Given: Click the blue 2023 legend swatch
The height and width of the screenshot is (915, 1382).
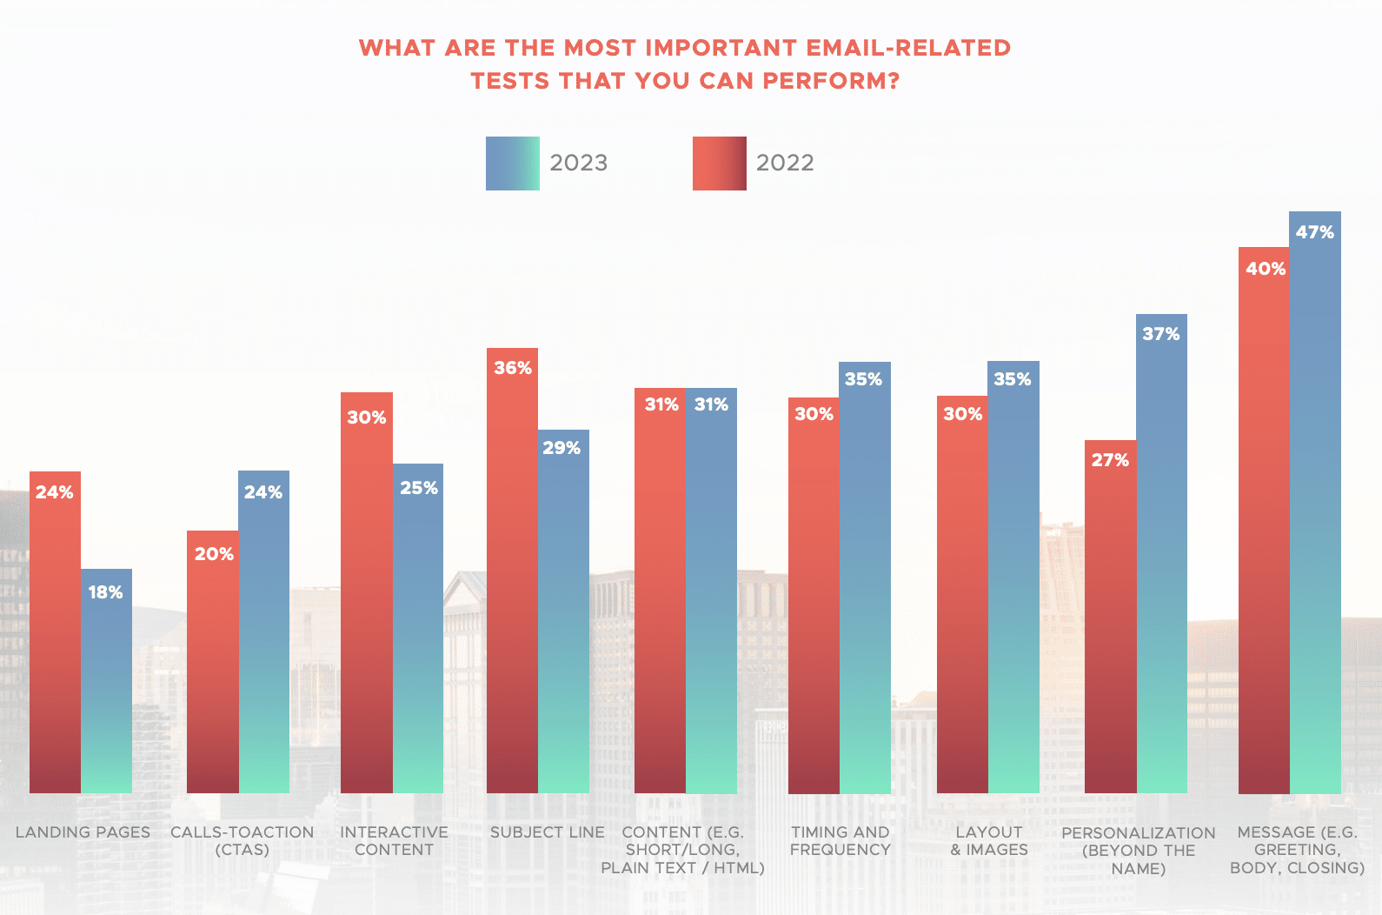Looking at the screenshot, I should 512,164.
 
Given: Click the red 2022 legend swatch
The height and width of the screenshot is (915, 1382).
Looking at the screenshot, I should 719,164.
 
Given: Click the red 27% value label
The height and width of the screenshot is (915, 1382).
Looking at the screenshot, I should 1110,460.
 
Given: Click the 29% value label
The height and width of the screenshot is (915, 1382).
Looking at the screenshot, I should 561,448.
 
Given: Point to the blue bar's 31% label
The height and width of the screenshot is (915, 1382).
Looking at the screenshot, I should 711,404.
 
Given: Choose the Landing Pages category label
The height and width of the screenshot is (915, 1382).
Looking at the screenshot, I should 83,832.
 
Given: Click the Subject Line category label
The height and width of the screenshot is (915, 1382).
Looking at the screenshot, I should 547,832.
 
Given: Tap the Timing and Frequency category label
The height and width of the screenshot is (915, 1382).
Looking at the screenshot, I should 840,841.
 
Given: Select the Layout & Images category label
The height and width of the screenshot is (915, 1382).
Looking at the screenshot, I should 989,841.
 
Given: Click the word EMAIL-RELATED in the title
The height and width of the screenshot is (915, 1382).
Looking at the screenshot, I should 908,48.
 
